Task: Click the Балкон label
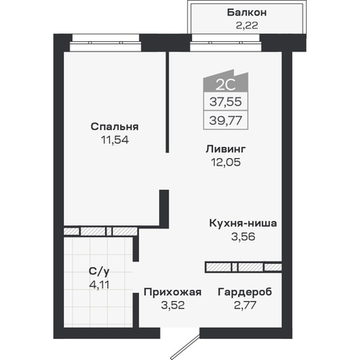[247, 13]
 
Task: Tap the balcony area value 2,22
[247, 26]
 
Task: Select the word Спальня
[115, 127]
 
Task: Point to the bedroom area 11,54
[115, 140]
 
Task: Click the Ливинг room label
[226, 149]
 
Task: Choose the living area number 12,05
[226, 162]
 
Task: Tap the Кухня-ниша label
[243, 224]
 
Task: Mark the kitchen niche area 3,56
[243, 237]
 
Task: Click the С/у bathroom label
[99, 272]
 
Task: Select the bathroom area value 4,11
[99, 285]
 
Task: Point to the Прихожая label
[173, 292]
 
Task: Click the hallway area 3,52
[173, 305]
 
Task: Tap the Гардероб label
[245, 292]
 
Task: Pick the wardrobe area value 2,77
[245, 305]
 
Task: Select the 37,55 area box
[226, 102]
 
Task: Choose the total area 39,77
[226, 120]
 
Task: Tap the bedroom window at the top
[106, 43]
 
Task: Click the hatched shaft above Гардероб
[244, 267]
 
